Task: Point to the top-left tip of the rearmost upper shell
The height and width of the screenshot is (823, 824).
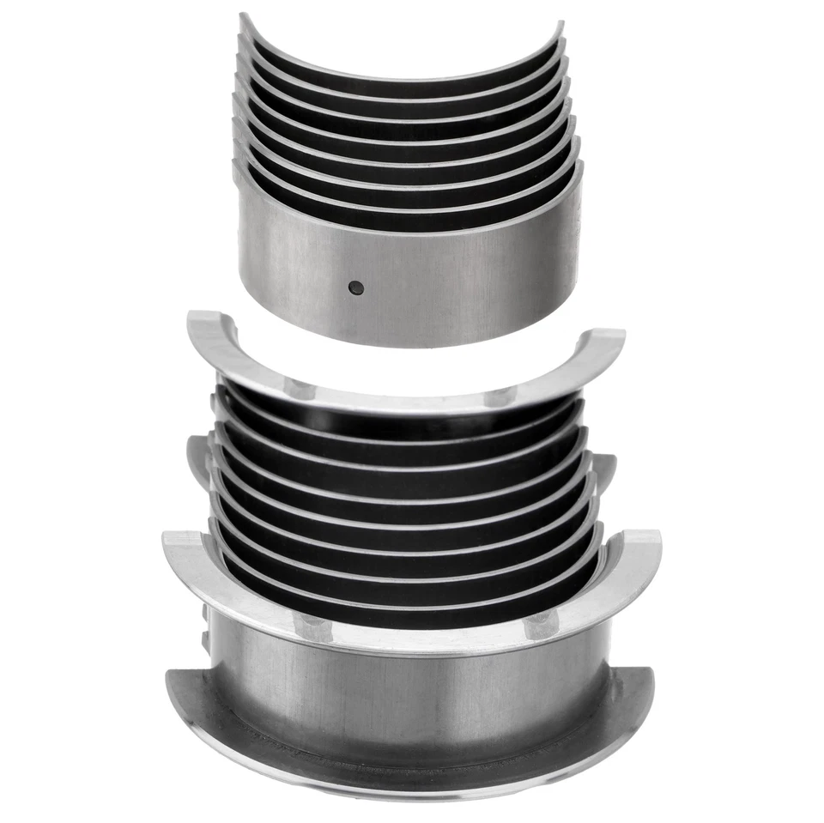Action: [x=243, y=17]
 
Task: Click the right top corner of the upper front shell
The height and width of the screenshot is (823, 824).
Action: [x=579, y=167]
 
